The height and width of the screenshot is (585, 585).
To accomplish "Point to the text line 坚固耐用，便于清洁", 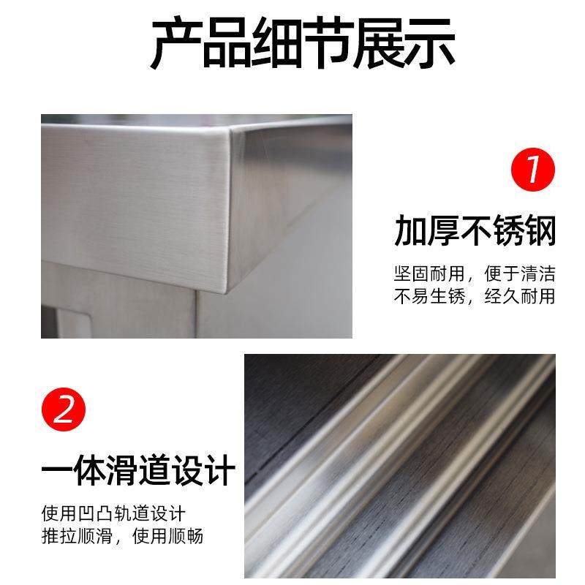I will click(475, 274).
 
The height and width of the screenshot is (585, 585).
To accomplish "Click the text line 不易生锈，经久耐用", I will click(475, 296).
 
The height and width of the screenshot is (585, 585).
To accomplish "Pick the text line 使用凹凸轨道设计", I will click(113, 514).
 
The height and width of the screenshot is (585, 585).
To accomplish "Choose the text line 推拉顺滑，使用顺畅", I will click(121, 536).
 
